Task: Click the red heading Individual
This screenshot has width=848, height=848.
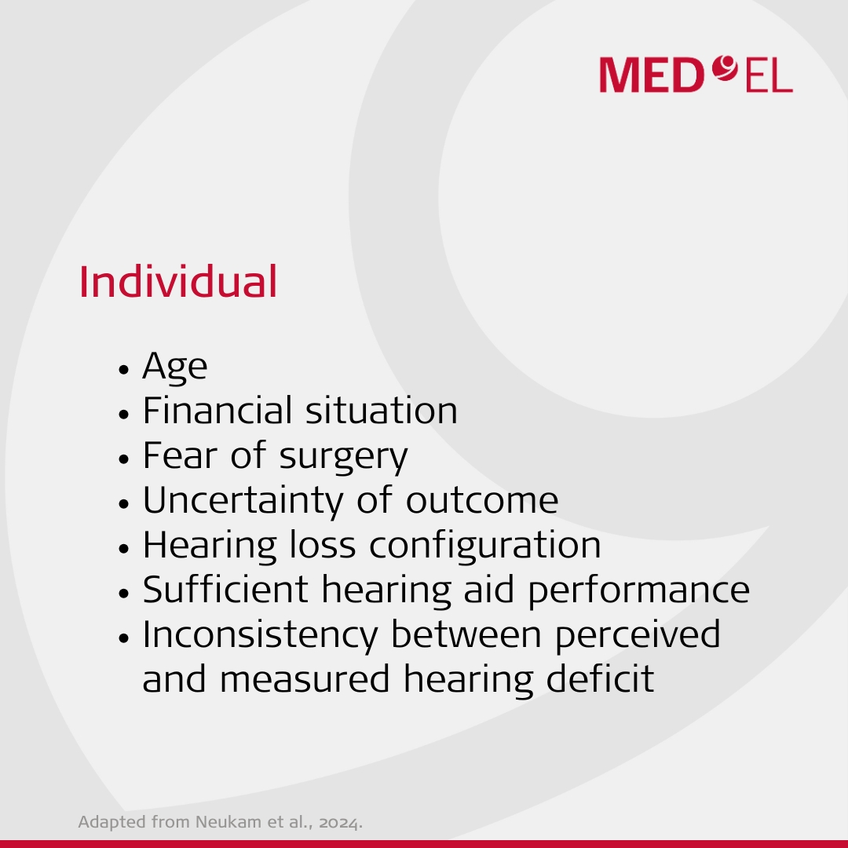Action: (x=178, y=281)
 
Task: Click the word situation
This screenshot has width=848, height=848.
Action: (x=382, y=410)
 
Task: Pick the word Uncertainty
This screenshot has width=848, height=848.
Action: (x=243, y=501)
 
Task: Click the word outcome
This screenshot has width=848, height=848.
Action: (x=482, y=501)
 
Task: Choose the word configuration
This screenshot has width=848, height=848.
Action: (x=485, y=545)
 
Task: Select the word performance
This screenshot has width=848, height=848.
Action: (x=638, y=590)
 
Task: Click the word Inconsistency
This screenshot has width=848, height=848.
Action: (x=260, y=635)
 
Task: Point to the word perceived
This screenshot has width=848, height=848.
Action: (x=638, y=635)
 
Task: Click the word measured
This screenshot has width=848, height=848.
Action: (x=305, y=678)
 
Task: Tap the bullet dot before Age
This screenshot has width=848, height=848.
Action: (x=124, y=370)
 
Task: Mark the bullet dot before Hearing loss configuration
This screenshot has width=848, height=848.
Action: (x=124, y=548)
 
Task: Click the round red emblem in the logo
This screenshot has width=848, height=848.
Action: (x=725, y=68)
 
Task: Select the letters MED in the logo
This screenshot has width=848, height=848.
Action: (x=652, y=75)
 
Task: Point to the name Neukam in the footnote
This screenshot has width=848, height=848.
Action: (x=227, y=821)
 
